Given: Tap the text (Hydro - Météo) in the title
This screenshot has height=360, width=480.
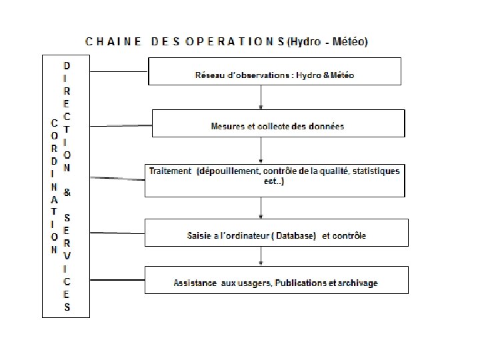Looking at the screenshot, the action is [327, 41].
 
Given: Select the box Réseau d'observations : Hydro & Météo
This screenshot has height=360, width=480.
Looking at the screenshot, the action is [273, 75].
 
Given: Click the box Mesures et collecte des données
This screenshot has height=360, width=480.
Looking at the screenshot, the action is [278, 125].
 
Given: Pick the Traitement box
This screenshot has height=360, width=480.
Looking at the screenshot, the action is [274, 179].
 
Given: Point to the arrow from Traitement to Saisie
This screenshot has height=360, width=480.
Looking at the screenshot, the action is [259, 208].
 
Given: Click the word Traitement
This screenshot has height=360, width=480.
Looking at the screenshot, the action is [170, 171].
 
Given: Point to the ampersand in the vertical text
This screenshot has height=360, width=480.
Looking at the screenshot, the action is [68, 191].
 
